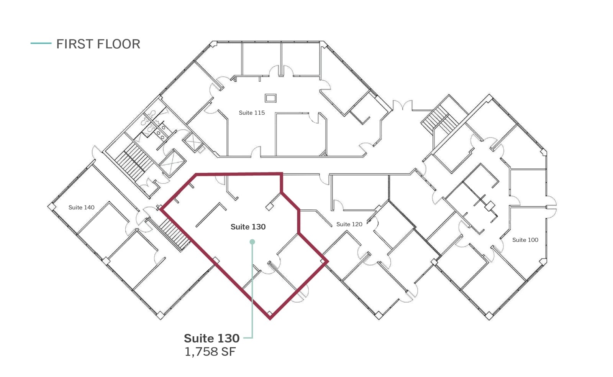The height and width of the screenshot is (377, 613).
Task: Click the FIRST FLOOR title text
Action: (x=98, y=44)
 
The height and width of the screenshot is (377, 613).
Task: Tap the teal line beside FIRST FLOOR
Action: (x=41, y=43)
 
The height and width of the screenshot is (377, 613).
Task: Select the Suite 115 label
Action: (x=252, y=113)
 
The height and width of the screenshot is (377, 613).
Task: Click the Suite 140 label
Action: (x=81, y=207)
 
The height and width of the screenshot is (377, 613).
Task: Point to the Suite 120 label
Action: (x=349, y=224)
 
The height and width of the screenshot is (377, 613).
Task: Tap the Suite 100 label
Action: (x=525, y=240)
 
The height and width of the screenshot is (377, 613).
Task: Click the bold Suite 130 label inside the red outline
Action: (x=248, y=227)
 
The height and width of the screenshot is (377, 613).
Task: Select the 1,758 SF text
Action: (x=210, y=352)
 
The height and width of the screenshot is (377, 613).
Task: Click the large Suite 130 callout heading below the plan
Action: (x=211, y=338)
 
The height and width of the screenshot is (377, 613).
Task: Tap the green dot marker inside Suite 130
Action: (x=252, y=242)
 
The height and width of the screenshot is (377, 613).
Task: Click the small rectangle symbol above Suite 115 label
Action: (x=270, y=98)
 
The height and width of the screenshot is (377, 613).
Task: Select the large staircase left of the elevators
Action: (x=134, y=161)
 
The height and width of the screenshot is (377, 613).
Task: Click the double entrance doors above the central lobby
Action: (x=402, y=105)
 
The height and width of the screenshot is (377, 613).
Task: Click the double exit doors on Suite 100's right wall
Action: (x=551, y=207)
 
